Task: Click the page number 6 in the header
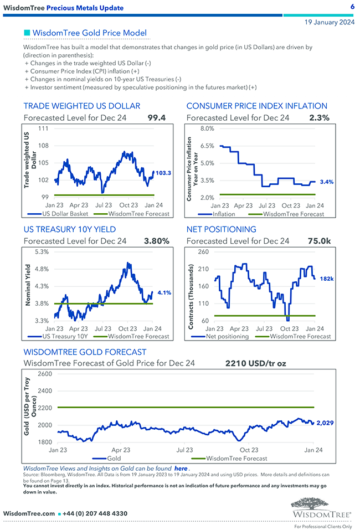point(352,7)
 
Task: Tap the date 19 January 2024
point(330,23)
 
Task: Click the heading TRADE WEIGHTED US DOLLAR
point(81,106)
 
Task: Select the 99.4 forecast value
point(157,118)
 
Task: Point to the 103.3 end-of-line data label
point(163,173)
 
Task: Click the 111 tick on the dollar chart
point(43,128)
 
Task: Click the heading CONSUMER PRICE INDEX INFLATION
point(256,106)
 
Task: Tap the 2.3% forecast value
point(320,118)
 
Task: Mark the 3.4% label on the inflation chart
point(327,182)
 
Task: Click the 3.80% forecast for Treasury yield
point(156,241)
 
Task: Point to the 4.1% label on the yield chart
point(163,292)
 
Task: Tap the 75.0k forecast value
point(319,241)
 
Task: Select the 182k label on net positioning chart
point(327,279)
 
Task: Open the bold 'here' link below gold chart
point(181,468)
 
